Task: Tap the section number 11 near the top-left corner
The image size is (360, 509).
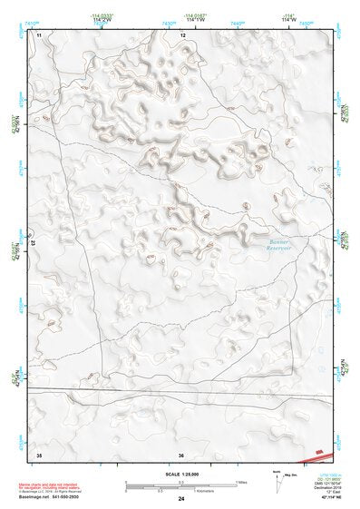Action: point(39,34)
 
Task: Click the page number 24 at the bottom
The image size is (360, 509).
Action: point(181,498)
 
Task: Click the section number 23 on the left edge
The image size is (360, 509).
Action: point(32,244)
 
